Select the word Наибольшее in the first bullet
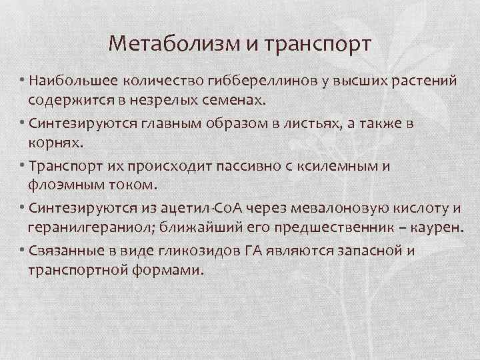(x=69, y=81)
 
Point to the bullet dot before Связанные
(x=23, y=251)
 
